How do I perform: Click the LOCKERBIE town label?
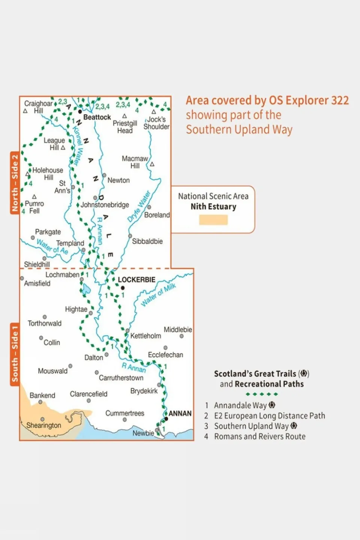click(x=136, y=280)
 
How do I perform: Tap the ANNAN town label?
click(x=180, y=414)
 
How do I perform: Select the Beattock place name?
click(x=97, y=117)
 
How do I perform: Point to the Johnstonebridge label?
click(x=105, y=205)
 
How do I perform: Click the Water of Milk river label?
click(x=158, y=295)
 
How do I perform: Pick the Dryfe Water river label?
click(x=139, y=206)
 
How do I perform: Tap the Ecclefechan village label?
click(x=166, y=355)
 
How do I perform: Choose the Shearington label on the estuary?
click(x=44, y=426)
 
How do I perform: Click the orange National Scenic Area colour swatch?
click(x=213, y=220)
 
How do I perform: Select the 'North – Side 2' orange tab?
click(x=15, y=183)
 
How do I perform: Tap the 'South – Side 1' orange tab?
click(x=15, y=354)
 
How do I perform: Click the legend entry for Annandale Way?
click(x=240, y=406)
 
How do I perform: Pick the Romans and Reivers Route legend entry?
click(x=259, y=437)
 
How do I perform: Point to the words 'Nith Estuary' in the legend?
click(x=213, y=207)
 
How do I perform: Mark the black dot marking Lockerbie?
click(x=122, y=288)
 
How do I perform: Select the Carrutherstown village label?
click(x=121, y=378)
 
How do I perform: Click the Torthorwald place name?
click(x=44, y=323)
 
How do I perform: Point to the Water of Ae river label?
click(x=52, y=247)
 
